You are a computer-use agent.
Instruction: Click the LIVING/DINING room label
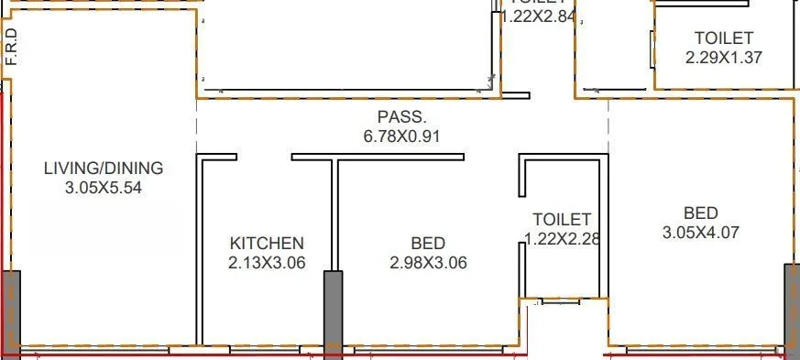[104, 169]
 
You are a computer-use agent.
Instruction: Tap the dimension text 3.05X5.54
[104, 188]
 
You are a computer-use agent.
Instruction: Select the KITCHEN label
[266, 244]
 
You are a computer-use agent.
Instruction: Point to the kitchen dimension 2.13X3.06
[266, 263]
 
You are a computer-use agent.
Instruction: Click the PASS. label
[402, 117]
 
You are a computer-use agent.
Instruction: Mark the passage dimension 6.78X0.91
[402, 136]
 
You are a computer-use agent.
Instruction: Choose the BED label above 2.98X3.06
[428, 244]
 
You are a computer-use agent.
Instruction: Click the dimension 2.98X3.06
[428, 263]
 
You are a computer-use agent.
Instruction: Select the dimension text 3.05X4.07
[700, 233]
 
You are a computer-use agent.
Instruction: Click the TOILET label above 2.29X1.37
[724, 38]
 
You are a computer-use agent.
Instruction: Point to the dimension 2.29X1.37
[724, 57]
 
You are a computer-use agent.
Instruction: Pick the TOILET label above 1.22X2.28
[562, 220]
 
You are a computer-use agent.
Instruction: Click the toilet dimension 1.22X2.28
[562, 239]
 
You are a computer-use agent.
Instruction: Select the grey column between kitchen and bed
[333, 311]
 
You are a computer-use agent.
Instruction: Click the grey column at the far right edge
[791, 307]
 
